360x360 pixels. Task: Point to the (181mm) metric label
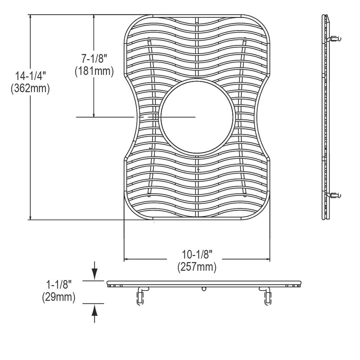point(94,71)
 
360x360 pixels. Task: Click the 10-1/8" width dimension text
point(197,255)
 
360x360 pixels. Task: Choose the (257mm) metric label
point(197,267)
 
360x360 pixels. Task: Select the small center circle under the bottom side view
point(204,289)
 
